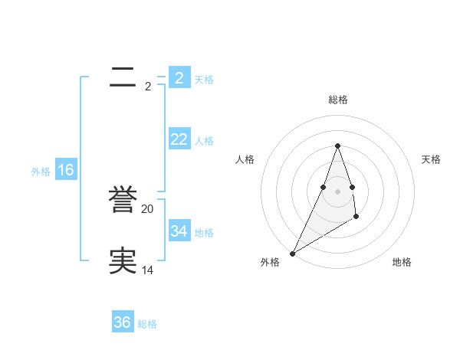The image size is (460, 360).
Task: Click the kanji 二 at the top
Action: tap(123, 77)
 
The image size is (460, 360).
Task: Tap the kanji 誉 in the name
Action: tap(123, 201)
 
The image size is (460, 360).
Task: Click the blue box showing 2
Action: tap(179, 77)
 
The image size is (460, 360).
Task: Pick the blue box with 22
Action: tap(179, 139)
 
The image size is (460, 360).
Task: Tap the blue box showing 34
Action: tap(179, 231)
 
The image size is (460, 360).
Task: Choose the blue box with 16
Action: tap(66, 170)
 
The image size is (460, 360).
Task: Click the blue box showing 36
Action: tap(123, 322)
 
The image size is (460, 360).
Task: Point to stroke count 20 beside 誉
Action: tap(148, 208)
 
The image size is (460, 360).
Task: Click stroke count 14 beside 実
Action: tap(148, 270)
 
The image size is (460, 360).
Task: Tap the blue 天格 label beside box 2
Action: tap(204, 79)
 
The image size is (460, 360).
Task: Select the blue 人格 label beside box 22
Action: tap(204, 141)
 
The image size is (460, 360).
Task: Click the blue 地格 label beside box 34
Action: tap(204, 233)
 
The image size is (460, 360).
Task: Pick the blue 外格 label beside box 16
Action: tap(41, 172)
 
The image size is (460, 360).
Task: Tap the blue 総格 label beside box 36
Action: tap(147, 324)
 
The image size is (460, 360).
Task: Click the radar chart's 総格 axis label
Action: tap(337, 100)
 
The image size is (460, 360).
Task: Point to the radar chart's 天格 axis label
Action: tap(432, 159)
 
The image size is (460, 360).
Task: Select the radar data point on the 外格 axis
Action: tap(292, 254)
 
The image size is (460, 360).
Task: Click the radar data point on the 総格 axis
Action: tap(337, 146)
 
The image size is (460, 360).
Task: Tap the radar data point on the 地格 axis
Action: tap(356, 217)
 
